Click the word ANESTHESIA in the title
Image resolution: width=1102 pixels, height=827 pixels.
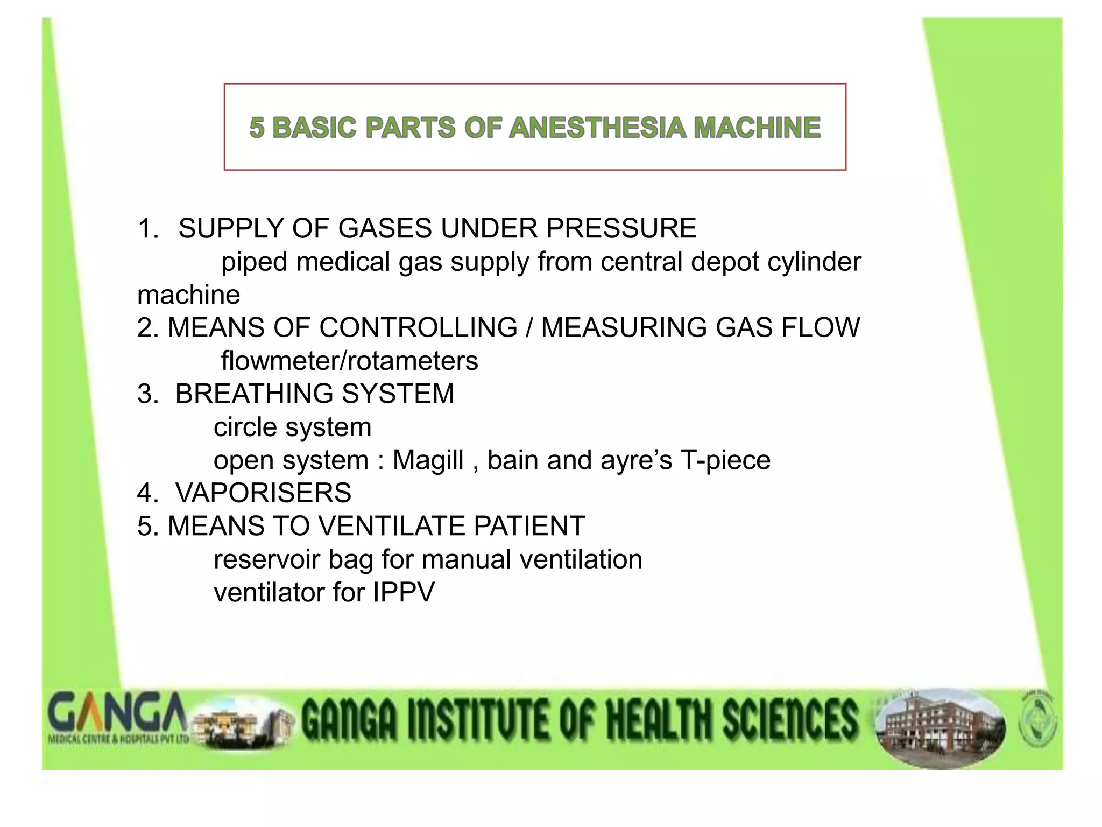tap(597, 128)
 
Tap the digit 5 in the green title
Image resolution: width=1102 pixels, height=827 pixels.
tap(257, 128)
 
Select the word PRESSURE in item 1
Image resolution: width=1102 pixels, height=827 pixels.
tap(621, 228)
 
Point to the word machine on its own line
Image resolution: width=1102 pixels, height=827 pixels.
tap(188, 295)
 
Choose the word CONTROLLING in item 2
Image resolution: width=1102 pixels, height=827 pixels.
tap(418, 328)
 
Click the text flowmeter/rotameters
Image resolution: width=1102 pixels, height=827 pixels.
tap(349, 361)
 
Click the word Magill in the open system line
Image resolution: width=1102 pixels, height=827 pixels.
tap(428, 460)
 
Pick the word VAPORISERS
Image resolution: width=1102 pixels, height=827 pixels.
tap(263, 493)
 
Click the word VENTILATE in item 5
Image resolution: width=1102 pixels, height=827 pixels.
tap(387, 526)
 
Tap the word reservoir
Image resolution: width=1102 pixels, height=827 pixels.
tap(266, 560)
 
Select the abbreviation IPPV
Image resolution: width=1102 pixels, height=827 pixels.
tap(404, 593)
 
